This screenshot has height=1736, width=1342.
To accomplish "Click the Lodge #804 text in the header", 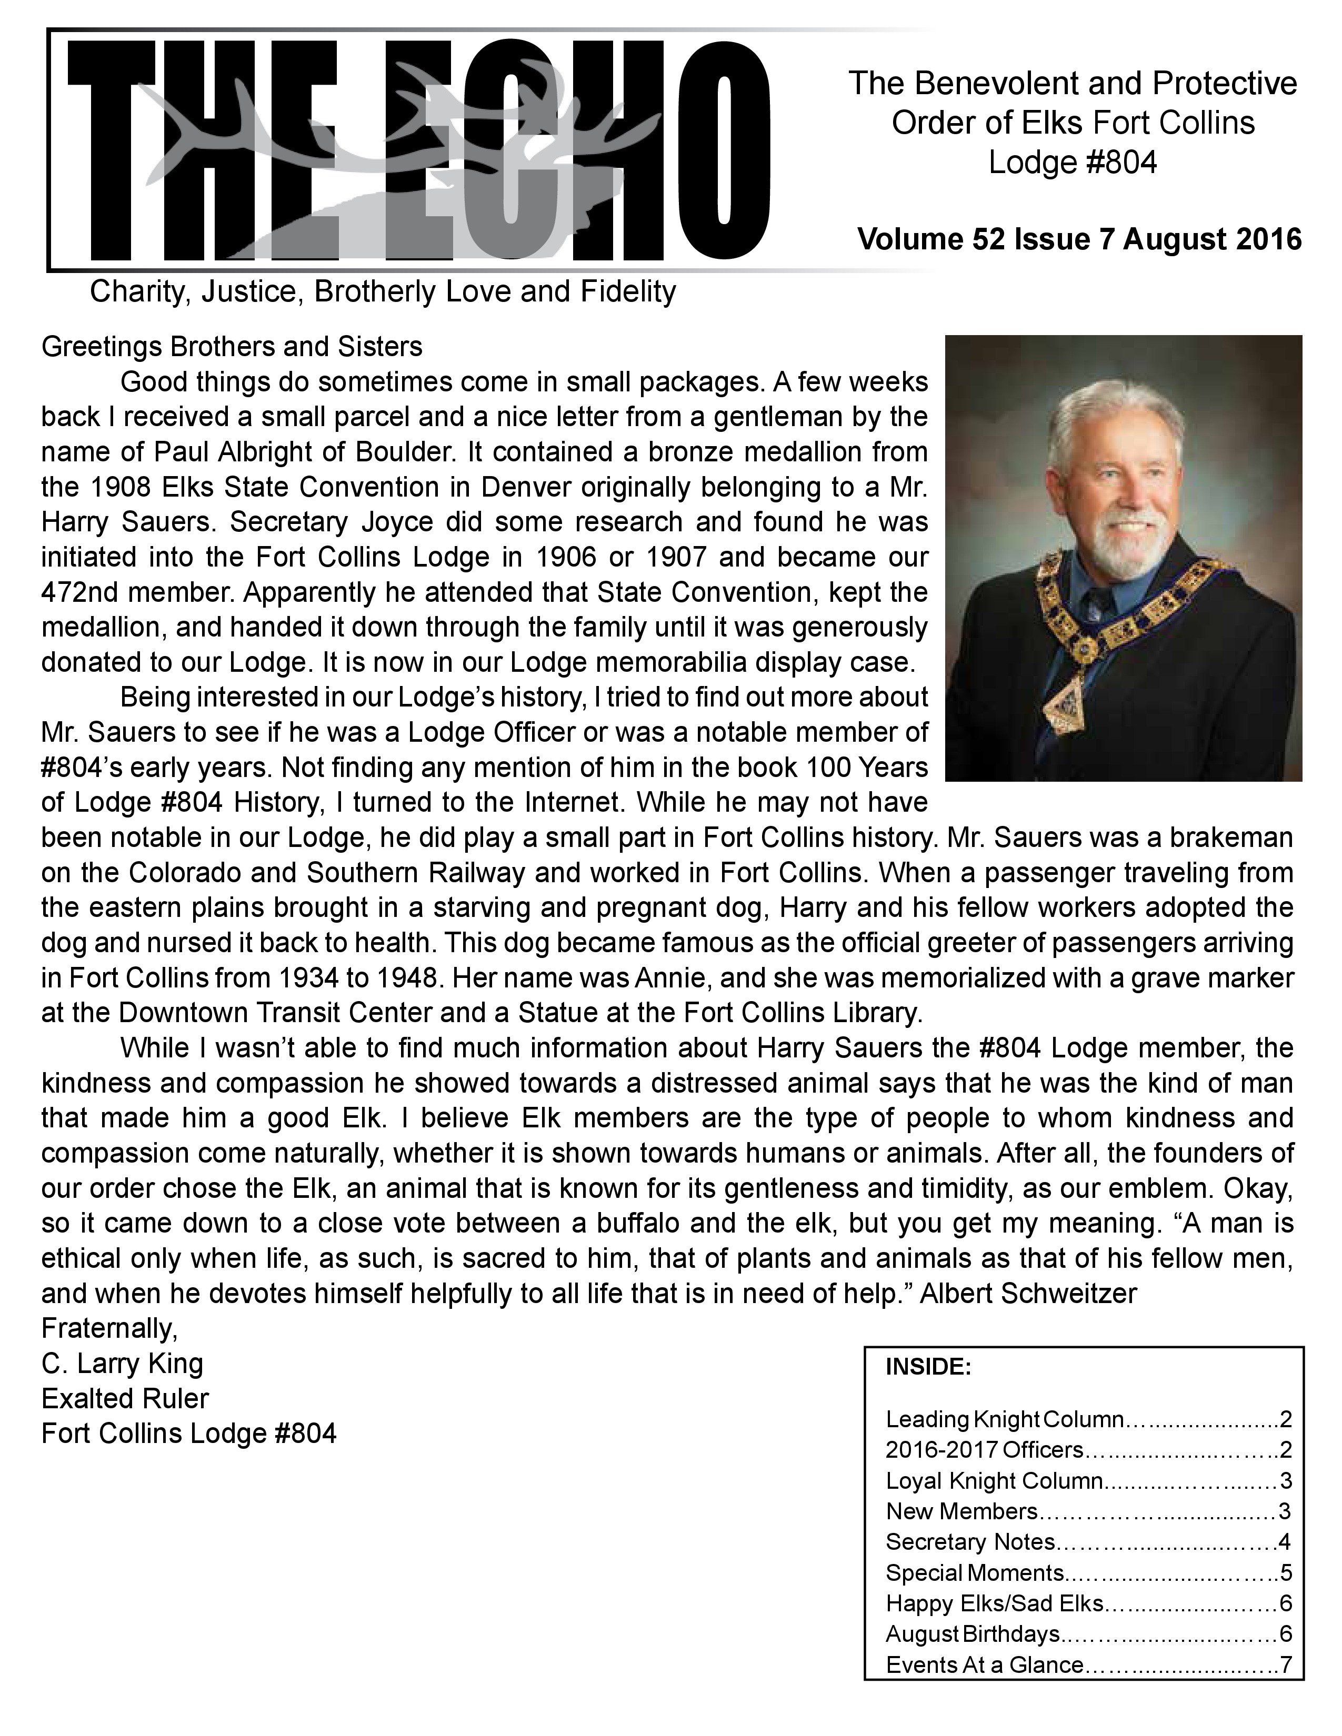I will pyautogui.click(x=1073, y=163).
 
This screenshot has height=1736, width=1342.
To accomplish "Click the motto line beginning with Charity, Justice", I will pyautogui.click(x=383, y=292).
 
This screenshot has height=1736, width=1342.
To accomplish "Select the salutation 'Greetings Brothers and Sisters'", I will pyautogui.click(x=232, y=347).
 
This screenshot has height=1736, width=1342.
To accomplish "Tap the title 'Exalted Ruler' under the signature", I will pyautogui.click(x=125, y=1398).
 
